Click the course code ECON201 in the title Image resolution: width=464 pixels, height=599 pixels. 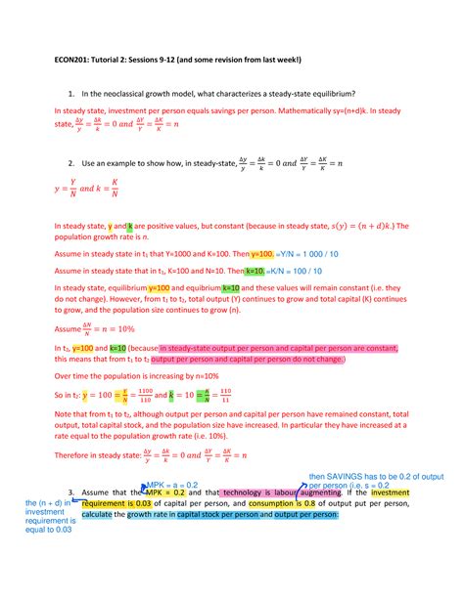(68, 57)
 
